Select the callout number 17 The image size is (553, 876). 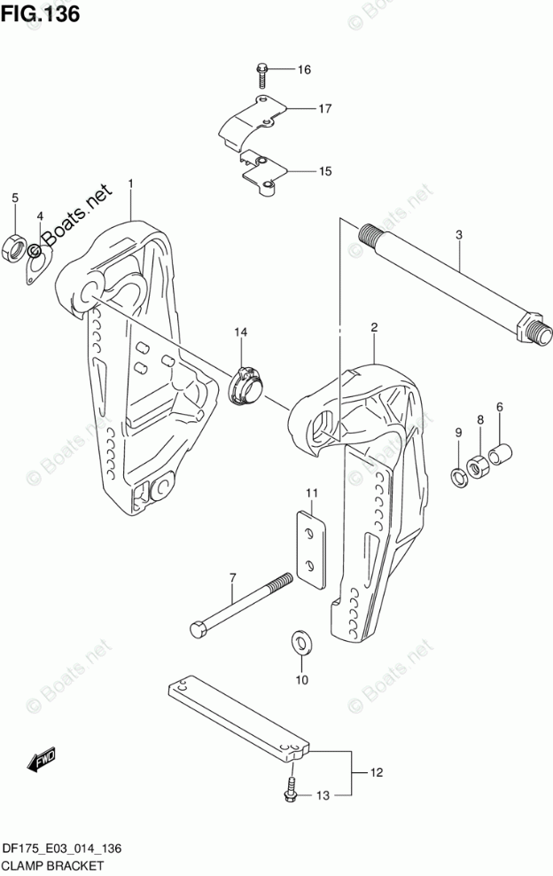[300, 109]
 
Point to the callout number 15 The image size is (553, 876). [300, 170]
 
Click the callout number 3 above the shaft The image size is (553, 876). [459, 235]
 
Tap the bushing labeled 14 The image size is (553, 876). [245, 385]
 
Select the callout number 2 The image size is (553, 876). [374, 327]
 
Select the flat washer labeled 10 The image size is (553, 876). [300, 642]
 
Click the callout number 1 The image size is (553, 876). [130, 184]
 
